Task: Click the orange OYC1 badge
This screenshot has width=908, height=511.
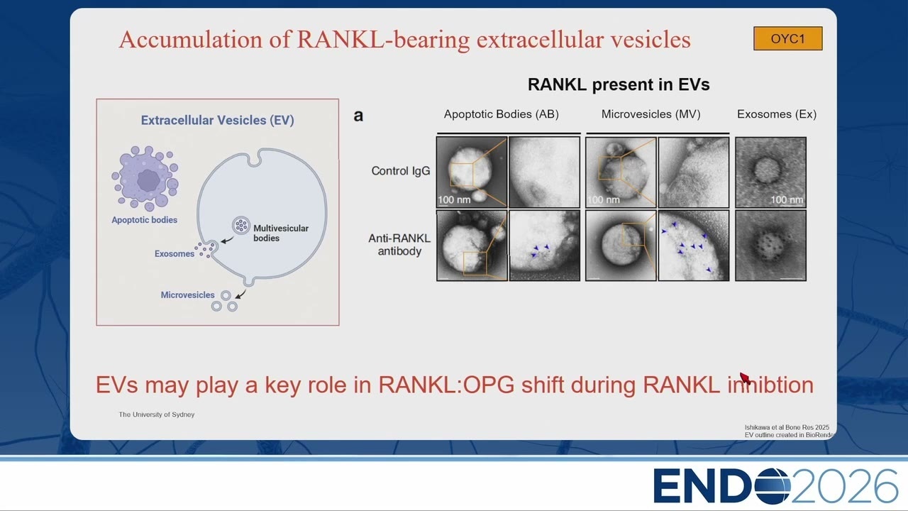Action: [787, 38]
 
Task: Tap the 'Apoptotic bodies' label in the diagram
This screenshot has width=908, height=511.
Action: [144, 220]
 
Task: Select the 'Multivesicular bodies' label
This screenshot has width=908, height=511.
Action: [280, 233]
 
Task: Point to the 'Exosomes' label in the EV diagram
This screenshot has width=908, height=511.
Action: [175, 254]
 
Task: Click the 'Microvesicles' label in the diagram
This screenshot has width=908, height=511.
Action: [187, 295]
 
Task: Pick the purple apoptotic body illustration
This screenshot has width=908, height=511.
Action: [145, 178]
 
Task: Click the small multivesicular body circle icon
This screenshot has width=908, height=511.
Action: [240, 225]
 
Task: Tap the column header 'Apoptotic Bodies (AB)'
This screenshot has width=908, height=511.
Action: [501, 114]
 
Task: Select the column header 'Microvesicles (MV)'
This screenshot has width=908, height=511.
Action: [650, 114]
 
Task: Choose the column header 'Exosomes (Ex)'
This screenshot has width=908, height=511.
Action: [777, 114]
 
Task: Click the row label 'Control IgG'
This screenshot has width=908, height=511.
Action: [401, 171]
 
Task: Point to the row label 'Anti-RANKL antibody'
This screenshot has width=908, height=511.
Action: [399, 245]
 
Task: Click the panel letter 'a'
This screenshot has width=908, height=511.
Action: [358, 116]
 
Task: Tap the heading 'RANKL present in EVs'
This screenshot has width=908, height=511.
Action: [619, 84]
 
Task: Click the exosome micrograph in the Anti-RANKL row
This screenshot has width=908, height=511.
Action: [770, 246]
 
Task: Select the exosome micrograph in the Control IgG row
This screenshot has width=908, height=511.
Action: [770, 172]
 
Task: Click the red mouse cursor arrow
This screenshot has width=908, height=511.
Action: [745, 378]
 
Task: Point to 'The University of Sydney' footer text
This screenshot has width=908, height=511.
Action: [157, 414]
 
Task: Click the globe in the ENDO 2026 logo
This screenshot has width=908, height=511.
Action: [772, 486]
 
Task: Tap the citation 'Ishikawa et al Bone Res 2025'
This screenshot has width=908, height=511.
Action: [787, 427]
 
